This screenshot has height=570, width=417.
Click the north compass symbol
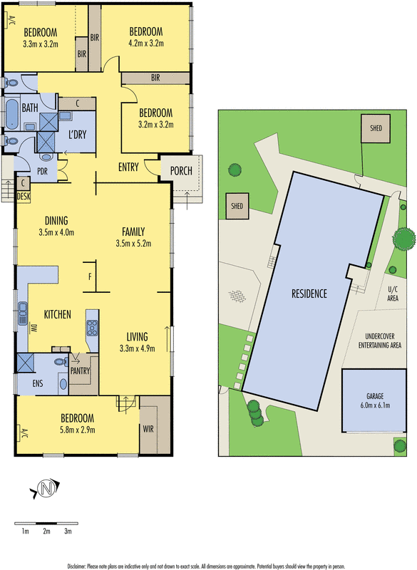(45, 488)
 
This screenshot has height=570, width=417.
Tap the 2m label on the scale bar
(46, 532)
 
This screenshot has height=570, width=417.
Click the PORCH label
(181, 170)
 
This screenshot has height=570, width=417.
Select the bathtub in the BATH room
(12, 114)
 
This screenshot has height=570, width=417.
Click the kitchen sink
(23, 313)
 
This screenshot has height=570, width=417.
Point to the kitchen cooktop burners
(92, 328)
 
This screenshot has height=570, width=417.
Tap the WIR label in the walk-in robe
(148, 429)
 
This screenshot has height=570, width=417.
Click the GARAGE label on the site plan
(375, 396)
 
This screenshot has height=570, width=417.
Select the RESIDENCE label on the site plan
(309, 294)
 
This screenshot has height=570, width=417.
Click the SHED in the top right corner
(376, 128)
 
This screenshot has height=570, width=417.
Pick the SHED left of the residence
(237, 206)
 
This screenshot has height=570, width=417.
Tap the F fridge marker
(90, 277)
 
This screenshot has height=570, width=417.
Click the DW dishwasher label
(34, 328)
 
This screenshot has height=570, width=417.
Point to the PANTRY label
(80, 370)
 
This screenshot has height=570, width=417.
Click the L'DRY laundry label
(77, 135)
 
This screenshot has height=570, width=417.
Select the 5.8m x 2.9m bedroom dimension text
(78, 430)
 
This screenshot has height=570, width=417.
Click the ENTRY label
(128, 167)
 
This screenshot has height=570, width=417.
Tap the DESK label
(24, 197)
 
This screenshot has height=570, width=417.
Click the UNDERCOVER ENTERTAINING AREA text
(380, 341)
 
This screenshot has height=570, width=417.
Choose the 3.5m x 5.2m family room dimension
(133, 244)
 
